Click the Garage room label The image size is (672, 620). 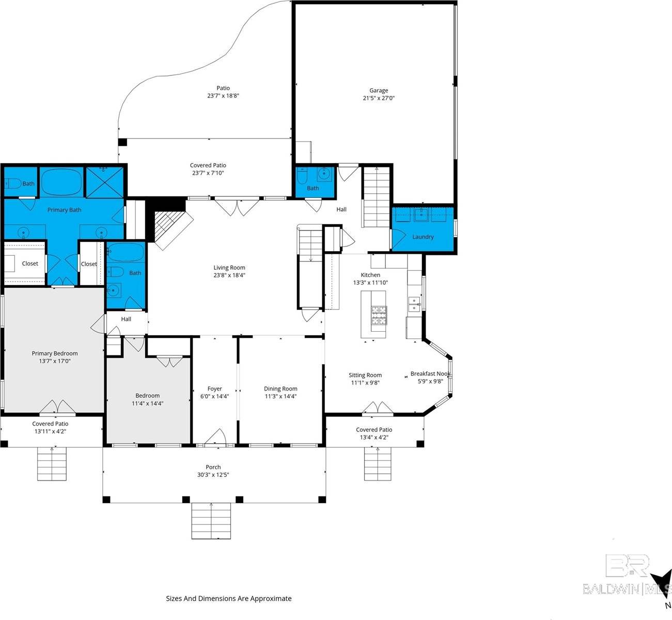click(379, 90)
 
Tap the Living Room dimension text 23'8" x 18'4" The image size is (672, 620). click(229, 275)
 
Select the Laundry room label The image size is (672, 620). click(423, 237)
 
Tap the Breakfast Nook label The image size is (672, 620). click(430, 374)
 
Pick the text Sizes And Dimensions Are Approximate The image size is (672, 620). click(228, 598)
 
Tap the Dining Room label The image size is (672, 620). click(280, 389)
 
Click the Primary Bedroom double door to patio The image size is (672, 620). click(57, 407)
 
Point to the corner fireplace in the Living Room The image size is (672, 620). click(168, 227)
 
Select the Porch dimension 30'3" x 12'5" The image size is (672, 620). click(213, 475)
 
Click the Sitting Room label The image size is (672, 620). click(365, 375)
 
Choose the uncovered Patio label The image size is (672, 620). click(223, 88)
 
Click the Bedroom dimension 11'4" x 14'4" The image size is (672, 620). click(147, 404)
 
